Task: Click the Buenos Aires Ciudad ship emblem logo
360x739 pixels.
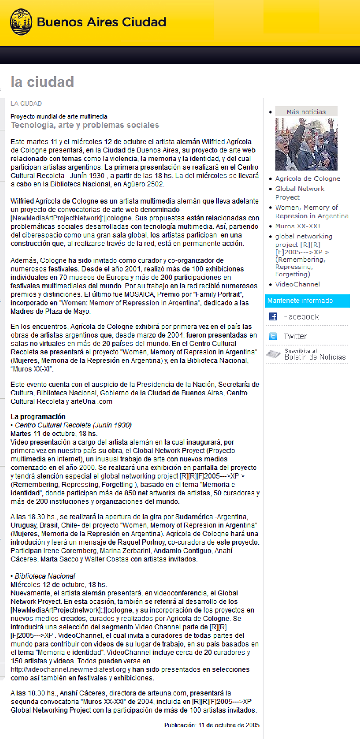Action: pyautogui.click(x=21, y=22)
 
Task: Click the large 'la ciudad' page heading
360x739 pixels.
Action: pyautogui.click(x=42, y=82)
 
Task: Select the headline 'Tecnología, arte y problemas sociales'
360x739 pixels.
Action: pyautogui.click(x=85, y=125)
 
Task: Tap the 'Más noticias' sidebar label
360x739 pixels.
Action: pyautogui.click(x=306, y=112)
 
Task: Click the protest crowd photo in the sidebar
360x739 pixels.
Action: pyautogui.click(x=306, y=144)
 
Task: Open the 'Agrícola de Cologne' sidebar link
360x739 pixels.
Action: pyautogui.click(x=308, y=179)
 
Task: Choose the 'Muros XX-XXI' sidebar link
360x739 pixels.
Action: pyautogui.click(x=298, y=226)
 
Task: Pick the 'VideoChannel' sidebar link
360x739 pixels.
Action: pyautogui.click(x=297, y=284)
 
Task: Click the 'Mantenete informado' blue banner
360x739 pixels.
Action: pyautogui.click(x=307, y=301)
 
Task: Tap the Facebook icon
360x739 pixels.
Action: pyautogui.click(x=273, y=317)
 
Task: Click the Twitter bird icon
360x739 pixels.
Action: pyautogui.click(x=273, y=336)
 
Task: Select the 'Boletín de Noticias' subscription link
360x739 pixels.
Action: pyautogui.click(x=314, y=357)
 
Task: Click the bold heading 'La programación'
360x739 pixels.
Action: pyautogui.click(x=38, y=417)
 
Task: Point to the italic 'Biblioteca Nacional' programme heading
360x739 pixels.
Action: pyautogui.click(x=45, y=576)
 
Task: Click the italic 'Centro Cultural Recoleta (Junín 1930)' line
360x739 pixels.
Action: pyautogui.click(x=73, y=425)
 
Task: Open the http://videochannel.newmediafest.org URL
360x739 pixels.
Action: pyautogui.click(x=68, y=669)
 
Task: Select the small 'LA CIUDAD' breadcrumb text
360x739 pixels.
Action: pyautogui.click(x=26, y=104)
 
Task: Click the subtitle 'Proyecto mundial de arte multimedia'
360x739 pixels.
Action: pyautogui.click(x=59, y=117)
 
